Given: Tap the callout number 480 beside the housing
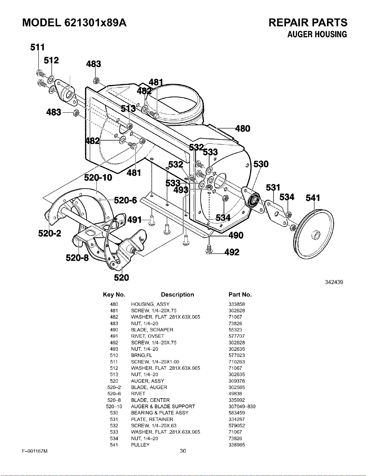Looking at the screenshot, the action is click(243, 129).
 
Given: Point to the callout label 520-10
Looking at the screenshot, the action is click(98, 177).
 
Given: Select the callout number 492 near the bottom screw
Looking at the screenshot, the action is click(232, 252).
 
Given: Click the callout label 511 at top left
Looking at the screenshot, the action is click(37, 47).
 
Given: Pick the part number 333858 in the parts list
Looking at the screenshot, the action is click(237, 304).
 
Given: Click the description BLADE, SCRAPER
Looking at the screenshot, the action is click(152, 330).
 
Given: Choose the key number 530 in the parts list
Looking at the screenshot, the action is click(114, 413).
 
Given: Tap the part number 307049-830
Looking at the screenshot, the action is click(242, 406).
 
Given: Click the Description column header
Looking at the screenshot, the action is click(177, 295).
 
